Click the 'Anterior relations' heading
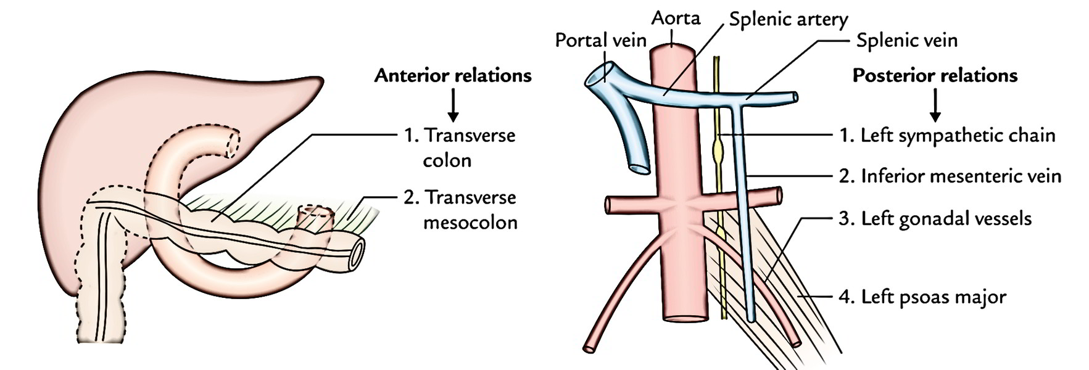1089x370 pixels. [453, 75]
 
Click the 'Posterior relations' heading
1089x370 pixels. [934, 75]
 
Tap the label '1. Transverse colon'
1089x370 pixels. [460, 147]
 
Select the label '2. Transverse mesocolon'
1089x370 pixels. [460, 210]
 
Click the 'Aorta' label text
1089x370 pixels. [676, 18]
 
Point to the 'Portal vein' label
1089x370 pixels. [600, 40]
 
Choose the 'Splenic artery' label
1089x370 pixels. [788, 19]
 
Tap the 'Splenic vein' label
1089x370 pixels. [906, 41]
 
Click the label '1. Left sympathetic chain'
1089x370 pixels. [947, 135]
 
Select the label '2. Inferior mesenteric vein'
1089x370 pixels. [950, 176]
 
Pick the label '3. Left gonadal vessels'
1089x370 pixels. [935, 218]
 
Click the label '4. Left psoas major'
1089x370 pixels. [922, 297]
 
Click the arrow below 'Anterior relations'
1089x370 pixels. [453, 105]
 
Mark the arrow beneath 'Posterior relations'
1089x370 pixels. [935, 105]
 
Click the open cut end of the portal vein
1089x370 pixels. [597, 75]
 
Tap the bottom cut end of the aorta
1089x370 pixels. [685, 319]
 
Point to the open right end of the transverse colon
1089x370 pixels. [356, 253]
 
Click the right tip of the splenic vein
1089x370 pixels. [795, 97]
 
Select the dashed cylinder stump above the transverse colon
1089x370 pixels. [315, 217]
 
